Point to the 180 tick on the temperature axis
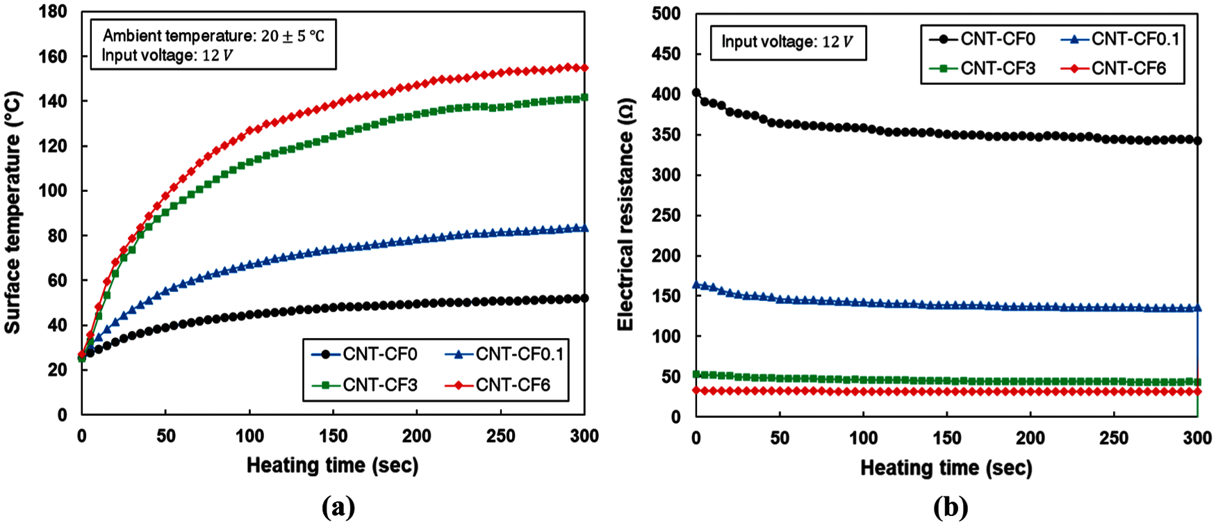click(x=54, y=12)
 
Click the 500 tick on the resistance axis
click(x=666, y=14)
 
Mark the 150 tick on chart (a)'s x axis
click(x=333, y=436)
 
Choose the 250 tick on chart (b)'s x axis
click(x=1114, y=438)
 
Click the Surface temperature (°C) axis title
click(x=13, y=213)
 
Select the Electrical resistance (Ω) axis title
click(x=625, y=214)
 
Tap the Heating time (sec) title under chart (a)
click(x=332, y=465)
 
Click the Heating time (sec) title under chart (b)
click(x=946, y=468)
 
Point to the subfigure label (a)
click(x=338, y=508)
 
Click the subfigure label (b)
click(x=950, y=508)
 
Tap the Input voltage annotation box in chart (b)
click(x=787, y=42)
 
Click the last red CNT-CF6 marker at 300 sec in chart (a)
click(x=584, y=67)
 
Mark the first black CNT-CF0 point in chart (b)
click(x=696, y=92)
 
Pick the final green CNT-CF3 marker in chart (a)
click(x=584, y=97)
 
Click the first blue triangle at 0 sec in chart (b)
click(x=696, y=284)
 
